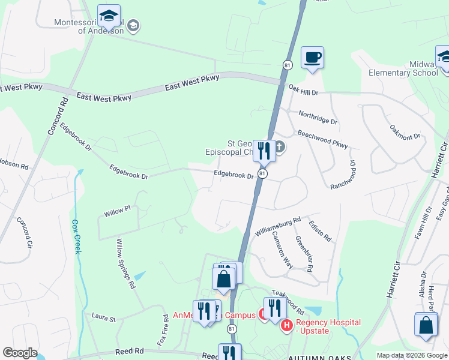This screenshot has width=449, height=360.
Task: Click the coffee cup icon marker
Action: coord(312,58)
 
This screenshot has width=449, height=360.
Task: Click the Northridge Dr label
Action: coord(318,117)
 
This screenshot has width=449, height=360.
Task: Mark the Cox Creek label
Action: coord(76,235)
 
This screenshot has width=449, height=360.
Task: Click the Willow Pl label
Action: coord(117,212)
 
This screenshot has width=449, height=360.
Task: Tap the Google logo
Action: coord(20,353)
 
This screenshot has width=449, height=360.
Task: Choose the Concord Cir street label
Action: coord(27,233)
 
